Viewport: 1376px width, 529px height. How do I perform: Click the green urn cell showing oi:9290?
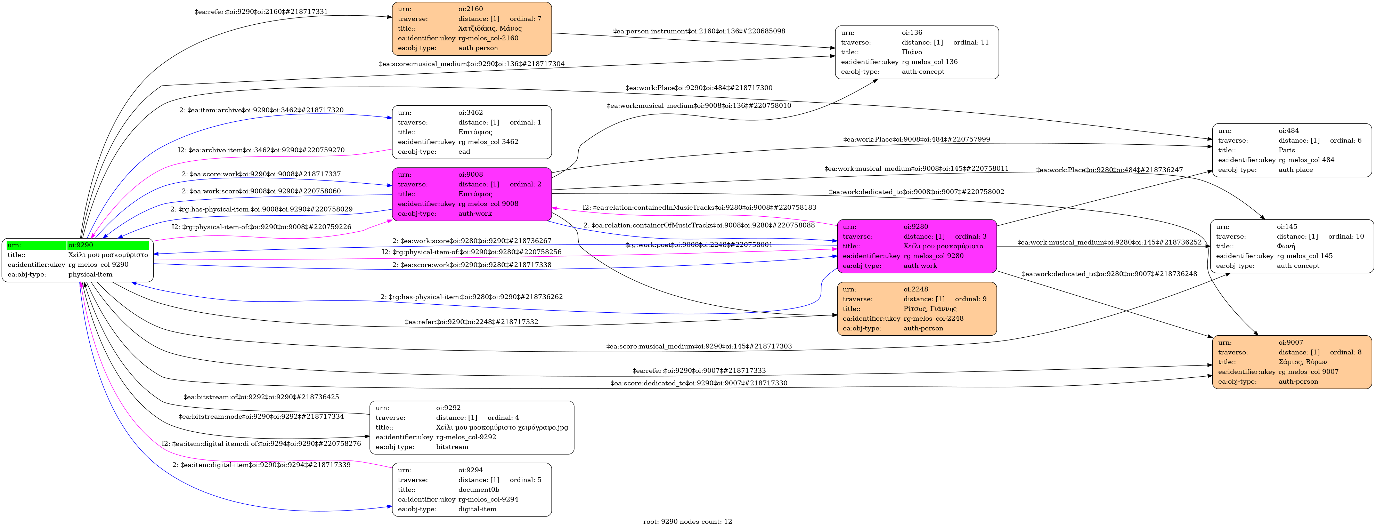coord(107,245)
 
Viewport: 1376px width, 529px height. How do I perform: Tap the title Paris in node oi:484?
coord(1287,150)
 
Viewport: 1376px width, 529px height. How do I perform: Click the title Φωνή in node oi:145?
coord(1286,246)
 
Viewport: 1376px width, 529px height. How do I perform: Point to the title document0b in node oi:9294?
coord(479,489)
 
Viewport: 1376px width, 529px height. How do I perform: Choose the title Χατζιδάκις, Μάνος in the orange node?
coord(490,28)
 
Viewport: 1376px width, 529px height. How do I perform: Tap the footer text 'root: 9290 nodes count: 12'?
coord(687,521)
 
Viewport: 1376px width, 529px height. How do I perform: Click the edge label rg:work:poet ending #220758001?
coord(699,245)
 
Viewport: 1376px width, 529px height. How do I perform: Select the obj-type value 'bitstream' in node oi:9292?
coord(452,447)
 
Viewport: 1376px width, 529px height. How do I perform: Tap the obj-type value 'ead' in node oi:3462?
coord(464,152)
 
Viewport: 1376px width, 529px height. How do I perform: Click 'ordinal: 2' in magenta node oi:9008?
coord(525,184)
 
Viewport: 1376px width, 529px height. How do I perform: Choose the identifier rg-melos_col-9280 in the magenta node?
coord(934,256)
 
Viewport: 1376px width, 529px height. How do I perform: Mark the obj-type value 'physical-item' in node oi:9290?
coord(90,275)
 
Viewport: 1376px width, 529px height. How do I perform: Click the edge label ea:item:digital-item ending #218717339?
coord(261,465)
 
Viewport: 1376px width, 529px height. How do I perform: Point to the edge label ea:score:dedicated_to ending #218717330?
coord(699,383)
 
